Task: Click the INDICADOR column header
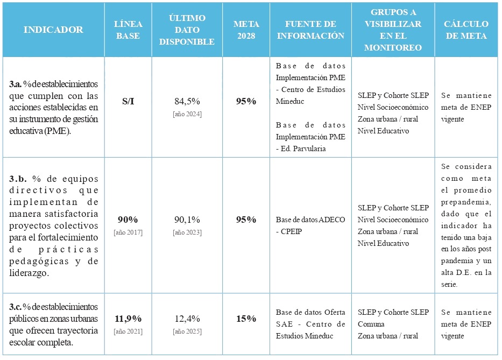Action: [53, 30]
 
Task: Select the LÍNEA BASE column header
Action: [128, 30]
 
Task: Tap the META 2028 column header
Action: [246, 30]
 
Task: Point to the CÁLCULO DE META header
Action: [466, 30]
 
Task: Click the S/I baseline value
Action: [128, 101]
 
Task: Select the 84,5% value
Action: [187, 101]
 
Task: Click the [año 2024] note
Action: [187, 114]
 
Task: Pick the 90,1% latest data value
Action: [187, 220]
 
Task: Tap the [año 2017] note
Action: [128, 232]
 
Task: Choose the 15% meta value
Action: [246, 319]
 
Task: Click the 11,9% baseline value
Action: [128, 319]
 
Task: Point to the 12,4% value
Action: [187, 319]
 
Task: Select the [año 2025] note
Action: [187, 331]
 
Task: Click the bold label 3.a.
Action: [16, 84]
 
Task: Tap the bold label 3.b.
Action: [18, 179]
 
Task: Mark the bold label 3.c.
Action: [16, 307]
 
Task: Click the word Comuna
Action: [371, 324]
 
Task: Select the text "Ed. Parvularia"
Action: [303, 149]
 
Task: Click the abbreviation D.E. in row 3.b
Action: [462, 273]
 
